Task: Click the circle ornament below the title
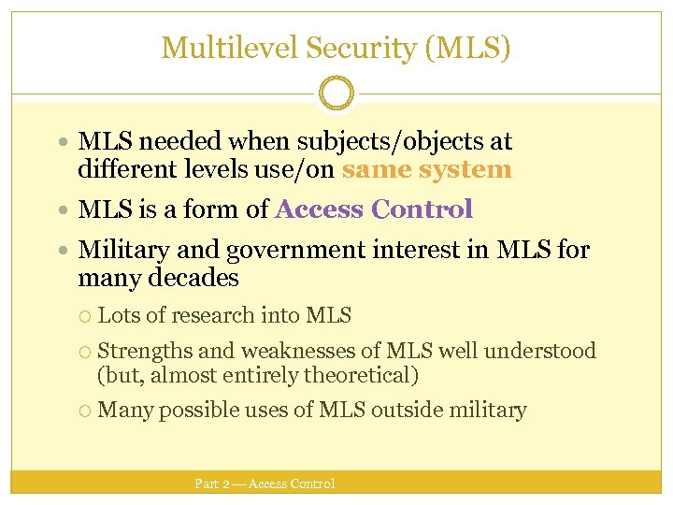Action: [336, 94]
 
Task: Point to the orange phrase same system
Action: [426, 169]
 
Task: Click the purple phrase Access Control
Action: [374, 209]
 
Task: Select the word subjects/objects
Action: [408, 142]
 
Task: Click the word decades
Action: [198, 278]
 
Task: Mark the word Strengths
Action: [143, 351]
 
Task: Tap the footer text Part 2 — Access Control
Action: [264, 483]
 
